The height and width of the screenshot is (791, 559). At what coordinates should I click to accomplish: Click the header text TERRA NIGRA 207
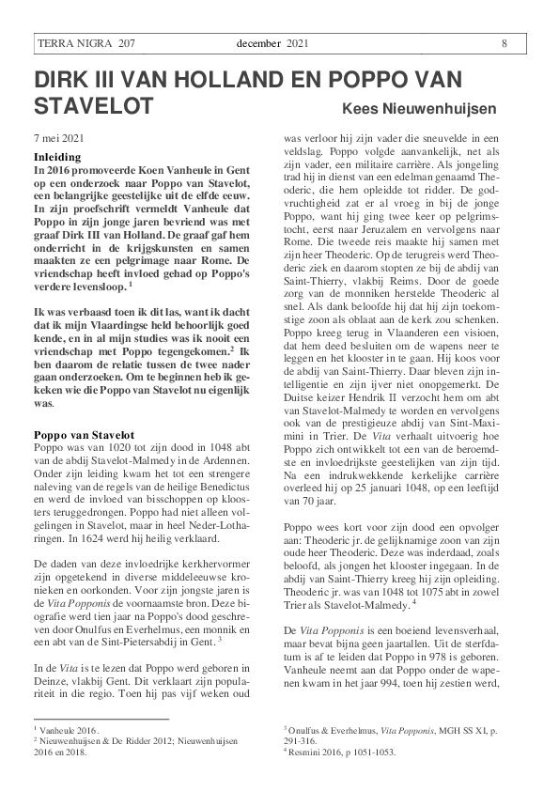(85, 43)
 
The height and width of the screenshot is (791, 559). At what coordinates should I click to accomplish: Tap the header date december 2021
(272, 43)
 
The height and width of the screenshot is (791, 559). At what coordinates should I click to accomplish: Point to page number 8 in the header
(505, 43)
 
